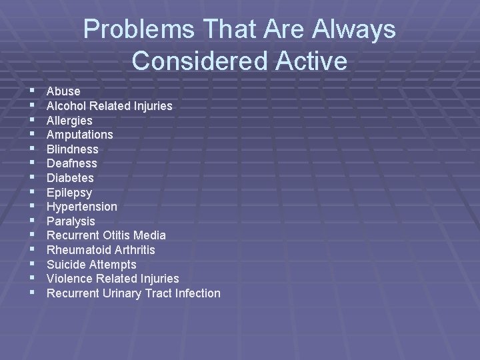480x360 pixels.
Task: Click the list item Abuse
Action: click(x=63, y=91)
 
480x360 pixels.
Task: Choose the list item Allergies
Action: click(x=69, y=121)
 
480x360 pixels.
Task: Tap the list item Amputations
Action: click(x=79, y=135)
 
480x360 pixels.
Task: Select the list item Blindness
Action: click(x=72, y=149)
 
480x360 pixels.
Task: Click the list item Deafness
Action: click(x=71, y=163)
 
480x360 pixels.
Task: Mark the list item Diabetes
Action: click(x=70, y=178)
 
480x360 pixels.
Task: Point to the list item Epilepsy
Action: click(x=69, y=193)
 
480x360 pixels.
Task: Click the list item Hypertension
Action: click(x=81, y=207)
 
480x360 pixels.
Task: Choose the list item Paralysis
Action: click(x=71, y=221)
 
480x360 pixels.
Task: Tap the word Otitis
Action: click(x=117, y=235)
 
